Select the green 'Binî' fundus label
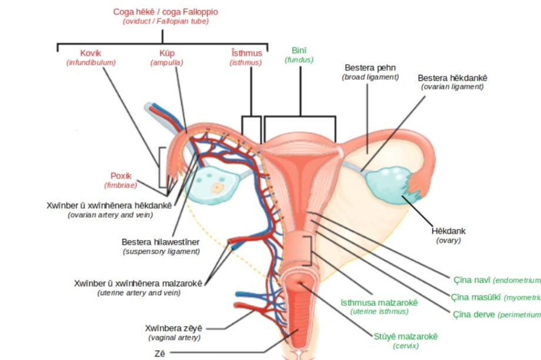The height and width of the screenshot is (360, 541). click(x=299, y=51)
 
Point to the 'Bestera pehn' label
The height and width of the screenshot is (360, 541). click(x=370, y=68)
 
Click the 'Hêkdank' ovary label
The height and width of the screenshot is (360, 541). click(x=448, y=231)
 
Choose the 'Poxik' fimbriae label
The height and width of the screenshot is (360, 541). click(x=121, y=176)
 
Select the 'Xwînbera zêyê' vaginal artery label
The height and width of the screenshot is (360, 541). click(x=173, y=328)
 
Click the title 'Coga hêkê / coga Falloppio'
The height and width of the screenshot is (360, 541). click(x=165, y=12)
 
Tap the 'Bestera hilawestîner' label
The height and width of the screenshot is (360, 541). click(x=161, y=242)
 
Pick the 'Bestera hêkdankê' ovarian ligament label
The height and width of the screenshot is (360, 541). click(x=452, y=78)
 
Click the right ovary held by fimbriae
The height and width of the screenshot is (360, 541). click(x=389, y=183)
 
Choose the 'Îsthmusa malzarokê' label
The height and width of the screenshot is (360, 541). click(x=379, y=302)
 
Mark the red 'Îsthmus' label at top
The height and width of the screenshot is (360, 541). click(x=246, y=53)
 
